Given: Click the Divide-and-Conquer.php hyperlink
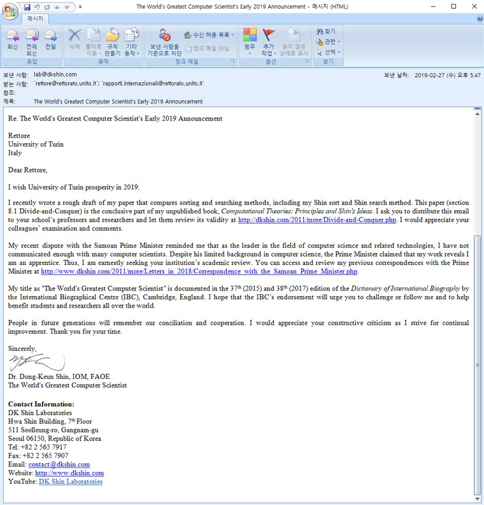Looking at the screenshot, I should [x=317, y=220].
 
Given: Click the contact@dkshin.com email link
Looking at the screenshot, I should [x=59, y=465].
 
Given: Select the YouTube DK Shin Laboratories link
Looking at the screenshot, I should [x=71, y=481].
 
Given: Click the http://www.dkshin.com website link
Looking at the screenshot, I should [x=69, y=473].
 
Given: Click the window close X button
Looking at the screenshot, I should [x=471, y=6].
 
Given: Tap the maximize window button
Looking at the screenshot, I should [x=453, y=6].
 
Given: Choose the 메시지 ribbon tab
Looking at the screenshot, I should [x=35, y=19].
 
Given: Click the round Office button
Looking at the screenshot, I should [x=10, y=11].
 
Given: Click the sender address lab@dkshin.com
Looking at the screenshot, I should [x=55, y=75].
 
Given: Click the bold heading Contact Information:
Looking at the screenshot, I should [x=41, y=404].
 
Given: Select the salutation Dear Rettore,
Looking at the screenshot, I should [x=27, y=170].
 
